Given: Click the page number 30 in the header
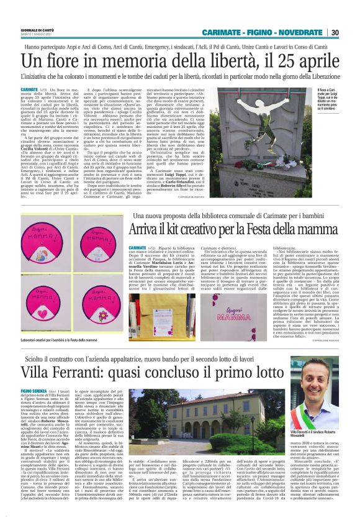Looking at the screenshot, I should tap(335, 33).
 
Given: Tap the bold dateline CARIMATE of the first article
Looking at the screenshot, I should tap(29, 90).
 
